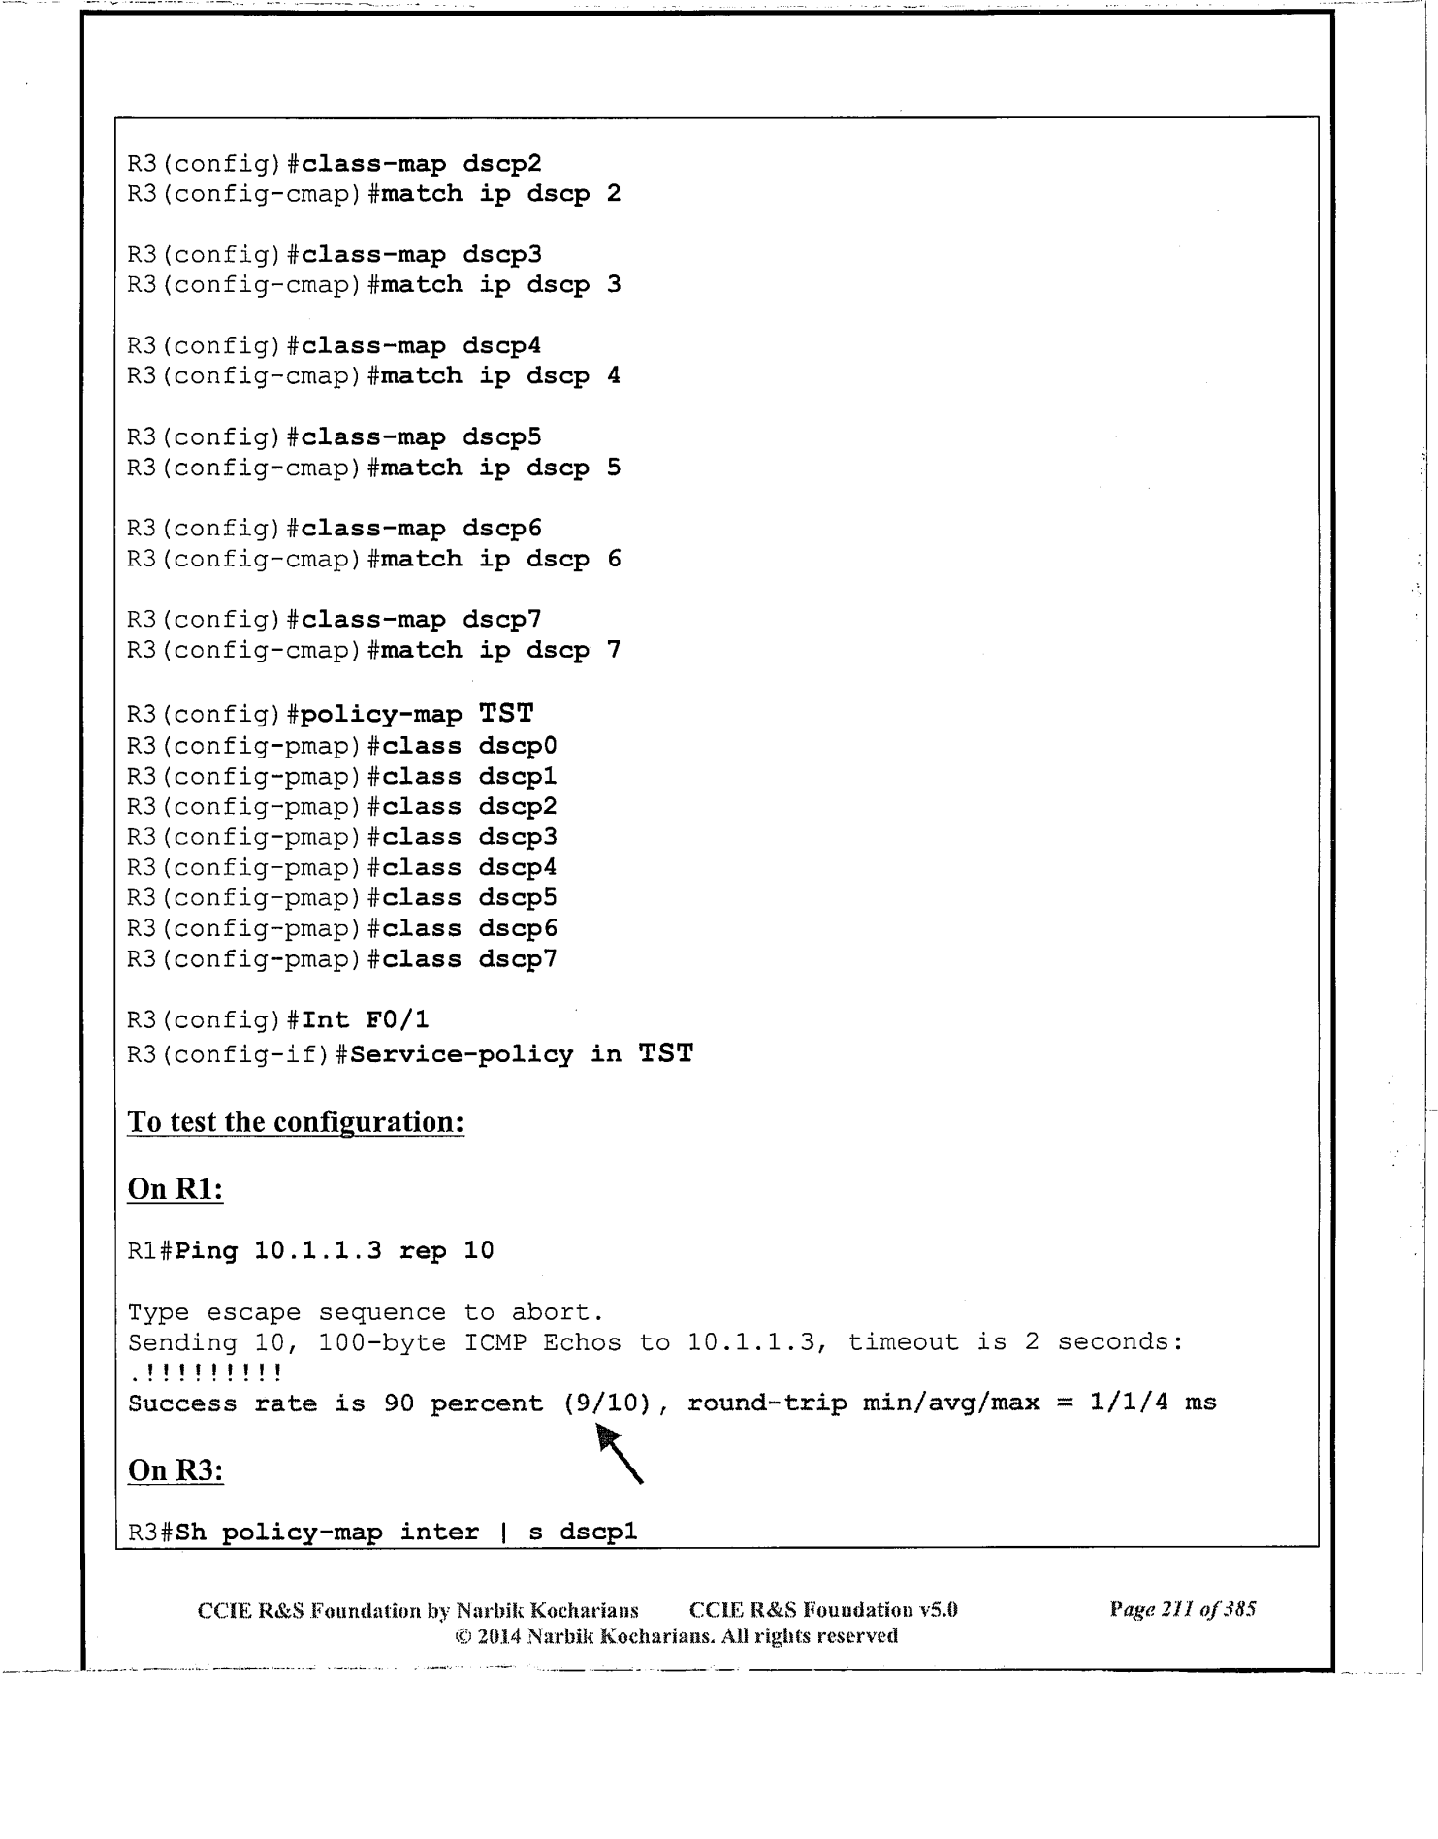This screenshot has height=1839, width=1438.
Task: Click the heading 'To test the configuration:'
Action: [x=296, y=1122]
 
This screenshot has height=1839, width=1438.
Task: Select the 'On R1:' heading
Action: [x=176, y=1189]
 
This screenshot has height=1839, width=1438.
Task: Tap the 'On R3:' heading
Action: [x=176, y=1470]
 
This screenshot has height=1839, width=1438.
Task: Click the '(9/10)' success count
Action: [x=607, y=1403]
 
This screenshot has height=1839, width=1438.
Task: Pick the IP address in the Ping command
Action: [x=318, y=1251]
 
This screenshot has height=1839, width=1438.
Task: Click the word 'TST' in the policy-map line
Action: [x=506, y=715]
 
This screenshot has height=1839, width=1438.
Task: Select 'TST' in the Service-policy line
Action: [x=665, y=1054]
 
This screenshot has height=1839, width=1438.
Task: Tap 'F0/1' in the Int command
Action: [x=398, y=1020]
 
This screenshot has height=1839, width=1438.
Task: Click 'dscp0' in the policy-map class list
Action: [x=518, y=746]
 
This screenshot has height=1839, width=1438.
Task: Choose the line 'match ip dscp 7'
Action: [x=500, y=650]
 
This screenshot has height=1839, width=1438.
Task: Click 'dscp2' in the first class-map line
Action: [x=501, y=164]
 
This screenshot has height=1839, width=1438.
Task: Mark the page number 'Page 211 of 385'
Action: [x=1183, y=1610]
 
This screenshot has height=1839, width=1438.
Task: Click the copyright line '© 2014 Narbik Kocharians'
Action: [x=676, y=1636]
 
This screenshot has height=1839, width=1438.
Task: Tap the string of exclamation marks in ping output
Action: [x=206, y=1373]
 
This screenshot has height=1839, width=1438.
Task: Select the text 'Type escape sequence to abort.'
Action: [x=367, y=1312]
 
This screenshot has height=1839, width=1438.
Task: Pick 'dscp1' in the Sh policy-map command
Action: [x=598, y=1532]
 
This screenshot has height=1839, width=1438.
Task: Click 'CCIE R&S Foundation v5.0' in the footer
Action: [x=823, y=1610]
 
